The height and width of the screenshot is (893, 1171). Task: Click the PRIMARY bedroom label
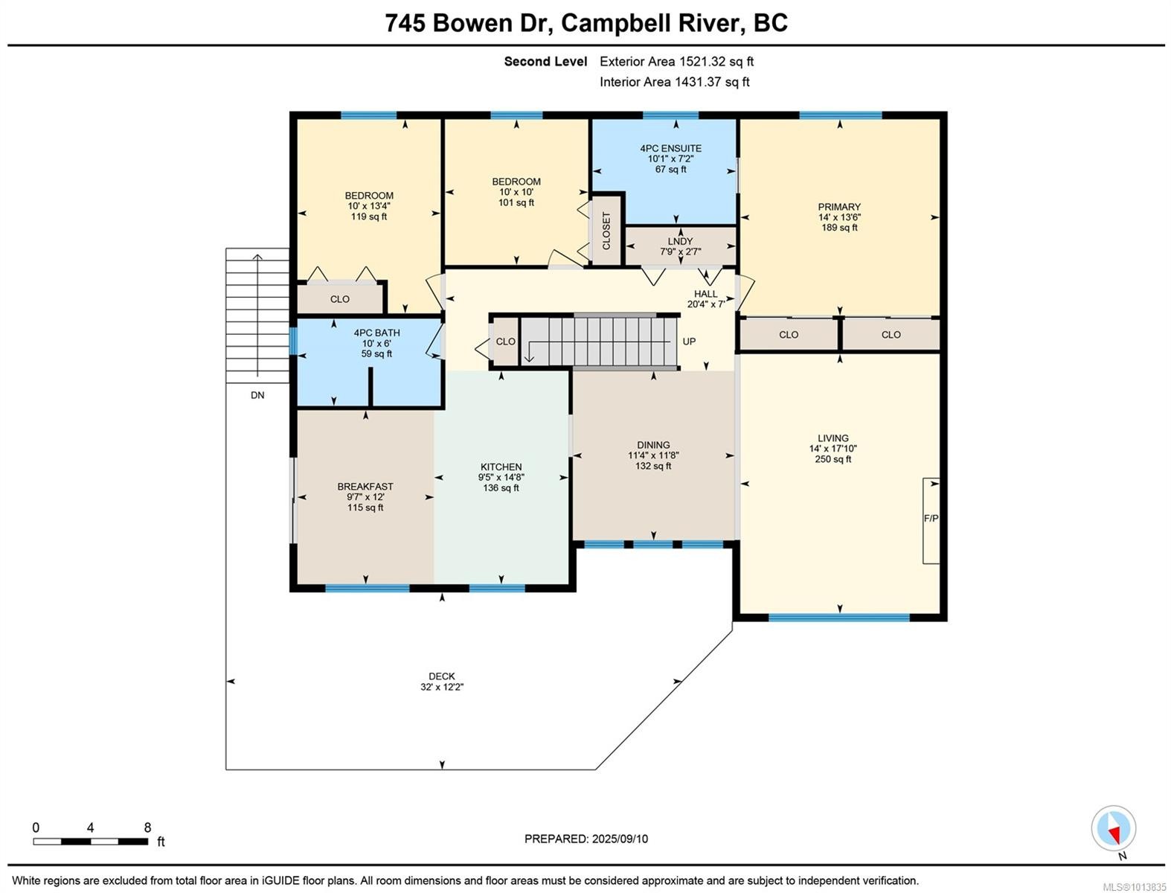pyautogui.click(x=839, y=207)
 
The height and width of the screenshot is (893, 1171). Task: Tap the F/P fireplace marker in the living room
pyautogui.click(x=931, y=519)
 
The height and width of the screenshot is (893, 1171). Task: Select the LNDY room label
pyautogui.click(x=680, y=241)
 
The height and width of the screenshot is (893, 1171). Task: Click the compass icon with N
pyautogui.click(x=1114, y=829)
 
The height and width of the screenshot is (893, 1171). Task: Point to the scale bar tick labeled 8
pyautogui.click(x=147, y=828)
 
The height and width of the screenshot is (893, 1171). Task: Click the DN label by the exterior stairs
pyautogui.click(x=257, y=395)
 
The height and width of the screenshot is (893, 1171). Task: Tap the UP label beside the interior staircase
pyautogui.click(x=689, y=342)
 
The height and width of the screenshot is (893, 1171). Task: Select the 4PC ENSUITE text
pyautogui.click(x=670, y=148)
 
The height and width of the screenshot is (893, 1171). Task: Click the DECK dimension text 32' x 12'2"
pyautogui.click(x=442, y=687)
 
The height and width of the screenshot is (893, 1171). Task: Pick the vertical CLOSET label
pyautogui.click(x=606, y=231)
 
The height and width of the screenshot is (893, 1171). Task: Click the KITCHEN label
pyautogui.click(x=501, y=467)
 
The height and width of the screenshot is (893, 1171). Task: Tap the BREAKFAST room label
pyautogui.click(x=365, y=487)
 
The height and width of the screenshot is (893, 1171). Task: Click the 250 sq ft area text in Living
pyautogui.click(x=832, y=459)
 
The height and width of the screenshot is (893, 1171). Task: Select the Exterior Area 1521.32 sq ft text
pyautogui.click(x=676, y=62)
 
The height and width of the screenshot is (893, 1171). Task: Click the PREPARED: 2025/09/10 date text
pyautogui.click(x=585, y=839)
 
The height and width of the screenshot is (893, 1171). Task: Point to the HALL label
pyautogui.click(x=705, y=294)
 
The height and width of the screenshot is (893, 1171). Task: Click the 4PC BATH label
pyautogui.click(x=376, y=333)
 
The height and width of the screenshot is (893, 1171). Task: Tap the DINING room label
pyautogui.click(x=653, y=445)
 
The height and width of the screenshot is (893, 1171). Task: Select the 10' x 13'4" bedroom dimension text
pyautogui.click(x=369, y=206)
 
